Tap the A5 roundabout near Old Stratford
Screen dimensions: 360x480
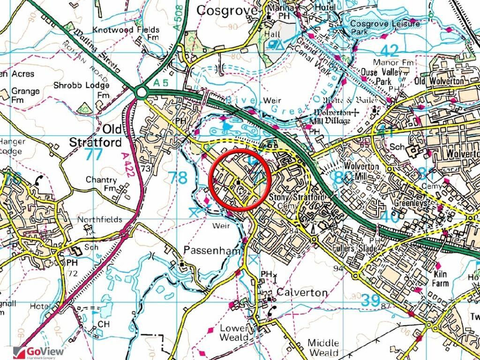point(141,92)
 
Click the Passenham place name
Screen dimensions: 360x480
point(212,250)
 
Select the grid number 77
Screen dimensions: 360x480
point(94,154)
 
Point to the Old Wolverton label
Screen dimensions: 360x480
point(439,81)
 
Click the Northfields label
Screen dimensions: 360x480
point(99,219)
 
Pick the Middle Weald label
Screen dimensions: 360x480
point(323,348)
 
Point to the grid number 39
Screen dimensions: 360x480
point(371,301)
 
